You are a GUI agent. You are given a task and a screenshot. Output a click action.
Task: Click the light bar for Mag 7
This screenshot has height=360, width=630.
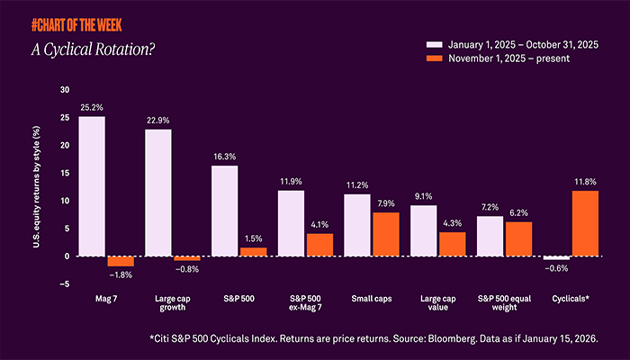pyautogui.click(x=92, y=186)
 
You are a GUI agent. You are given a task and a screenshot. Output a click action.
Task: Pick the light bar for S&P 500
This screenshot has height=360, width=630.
pyautogui.click(x=224, y=211)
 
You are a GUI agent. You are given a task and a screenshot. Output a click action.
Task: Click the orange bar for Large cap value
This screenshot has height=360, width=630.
pyautogui.click(x=451, y=244)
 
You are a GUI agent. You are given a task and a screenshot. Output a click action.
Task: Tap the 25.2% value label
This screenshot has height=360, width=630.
pyautogui.click(x=91, y=108)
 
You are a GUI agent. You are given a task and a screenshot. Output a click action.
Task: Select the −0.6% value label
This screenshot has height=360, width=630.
pyautogui.click(x=556, y=267)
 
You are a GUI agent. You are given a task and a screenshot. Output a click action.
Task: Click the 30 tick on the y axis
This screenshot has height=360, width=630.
pyautogui.click(x=63, y=90)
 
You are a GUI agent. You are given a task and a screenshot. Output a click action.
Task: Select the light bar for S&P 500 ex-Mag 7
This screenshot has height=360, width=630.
pyautogui.click(x=291, y=223)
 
